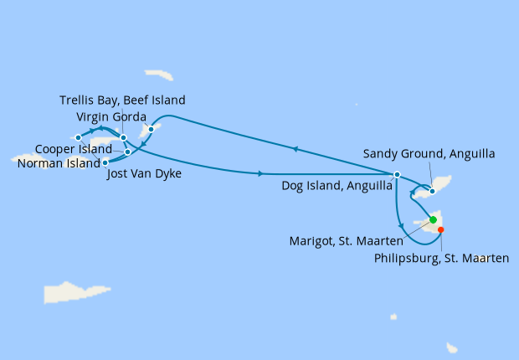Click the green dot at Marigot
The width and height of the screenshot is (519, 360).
(433, 220)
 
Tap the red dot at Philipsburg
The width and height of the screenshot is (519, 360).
(441, 230)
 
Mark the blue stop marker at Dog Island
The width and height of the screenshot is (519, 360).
(397, 174)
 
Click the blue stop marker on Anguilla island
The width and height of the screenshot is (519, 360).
(431, 191)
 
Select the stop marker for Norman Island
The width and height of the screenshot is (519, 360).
(105, 162)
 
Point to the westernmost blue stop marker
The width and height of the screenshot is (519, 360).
(78, 137)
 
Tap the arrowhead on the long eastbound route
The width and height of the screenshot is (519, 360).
(262, 173)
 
